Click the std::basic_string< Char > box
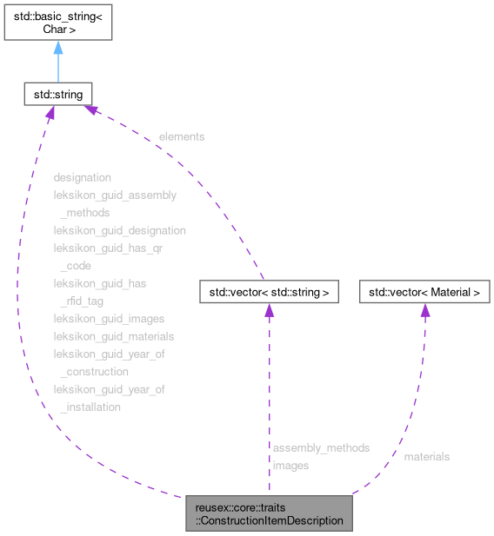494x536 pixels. click(x=57, y=22)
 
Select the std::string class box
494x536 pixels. click(x=57, y=92)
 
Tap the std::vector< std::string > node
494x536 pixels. click(x=268, y=292)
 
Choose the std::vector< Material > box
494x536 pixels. click(x=424, y=292)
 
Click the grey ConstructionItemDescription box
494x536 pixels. click(x=268, y=513)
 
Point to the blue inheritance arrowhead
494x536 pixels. click(x=57, y=50)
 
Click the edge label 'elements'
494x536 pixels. click(x=181, y=136)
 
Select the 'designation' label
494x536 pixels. click(x=83, y=177)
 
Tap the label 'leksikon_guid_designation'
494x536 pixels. click(x=119, y=230)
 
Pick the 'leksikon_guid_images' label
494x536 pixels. click(x=109, y=319)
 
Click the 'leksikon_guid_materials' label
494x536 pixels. click(x=114, y=336)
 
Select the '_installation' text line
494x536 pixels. click(x=90, y=407)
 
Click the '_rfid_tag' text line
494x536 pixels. click(x=82, y=301)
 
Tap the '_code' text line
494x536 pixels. click(x=75, y=266)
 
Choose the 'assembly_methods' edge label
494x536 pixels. click(x=321, y=447)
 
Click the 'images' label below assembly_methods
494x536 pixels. click(x=290, y=466)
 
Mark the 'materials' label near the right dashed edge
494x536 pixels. click(x=426, y=456)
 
